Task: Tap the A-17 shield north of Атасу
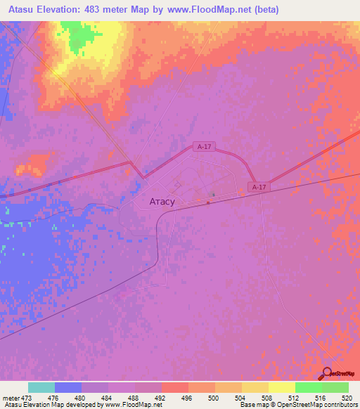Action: (x=205, y=147)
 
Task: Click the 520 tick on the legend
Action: (x=347, y=398)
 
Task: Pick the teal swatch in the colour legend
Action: (x=41, y=387)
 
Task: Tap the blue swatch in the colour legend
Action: (x=68, y=387)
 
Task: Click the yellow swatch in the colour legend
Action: (x=281, y=387)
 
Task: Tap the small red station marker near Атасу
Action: (x=208, y=203)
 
